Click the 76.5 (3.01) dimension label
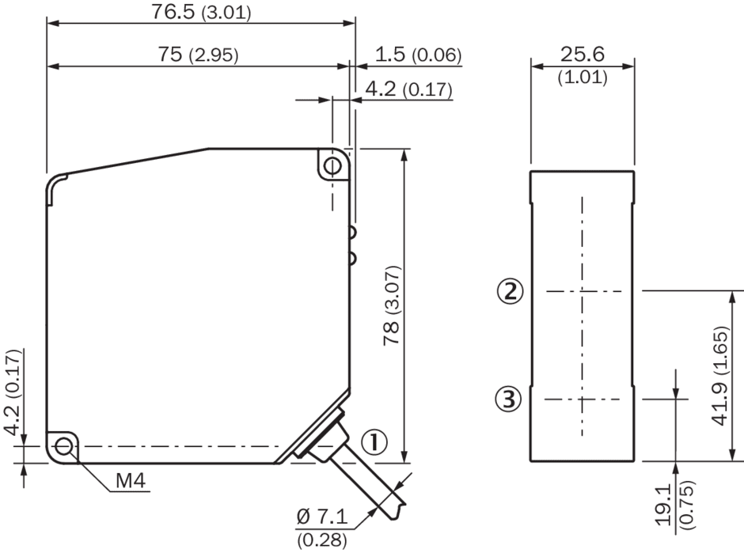point(201,11)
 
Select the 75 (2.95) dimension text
point(199,55)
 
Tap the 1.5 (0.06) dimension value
point(418,55)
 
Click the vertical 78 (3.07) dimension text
point(393,305)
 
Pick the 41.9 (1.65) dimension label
point(720,376)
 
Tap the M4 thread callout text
point(131,481)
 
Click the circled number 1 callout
point(374,442)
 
